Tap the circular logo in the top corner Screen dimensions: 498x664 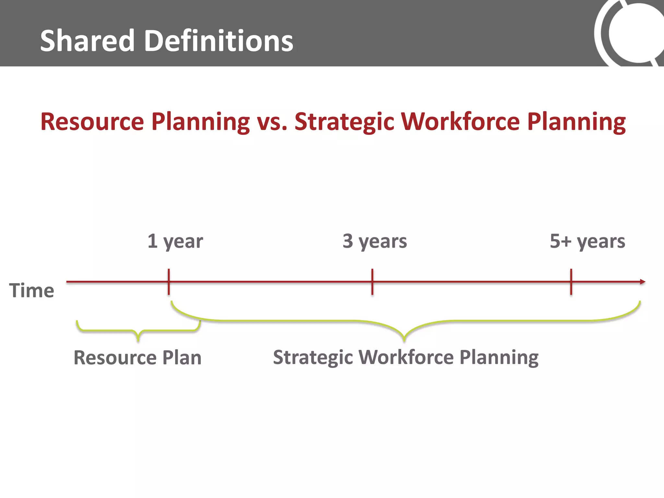632,32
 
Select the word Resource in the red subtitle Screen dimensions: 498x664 92,122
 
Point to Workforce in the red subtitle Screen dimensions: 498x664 460,122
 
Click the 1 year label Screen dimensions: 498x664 175,242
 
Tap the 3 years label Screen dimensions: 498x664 374,242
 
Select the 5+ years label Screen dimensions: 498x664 587,242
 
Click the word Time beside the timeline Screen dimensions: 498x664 31,290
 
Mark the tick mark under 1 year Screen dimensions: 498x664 169,282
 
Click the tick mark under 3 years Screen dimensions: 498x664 372,282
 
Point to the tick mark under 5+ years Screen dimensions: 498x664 571,282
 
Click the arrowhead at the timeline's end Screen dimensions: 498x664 642,282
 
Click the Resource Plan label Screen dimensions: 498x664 137,358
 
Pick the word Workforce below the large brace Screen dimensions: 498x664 406,357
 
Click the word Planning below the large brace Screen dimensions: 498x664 499,358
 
